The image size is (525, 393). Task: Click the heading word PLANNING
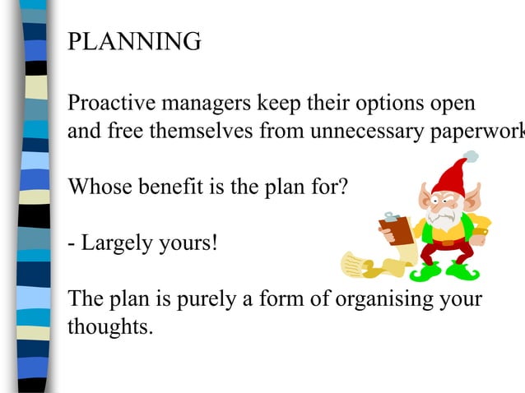click(x=134, y=41)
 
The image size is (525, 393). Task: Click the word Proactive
click(x=114, y=104)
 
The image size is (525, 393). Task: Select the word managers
click(x=211, y=104)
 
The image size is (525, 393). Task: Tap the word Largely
click(x=117, y=244)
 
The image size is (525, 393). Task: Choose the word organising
click(x=388, y=300)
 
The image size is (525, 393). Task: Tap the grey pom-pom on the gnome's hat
click(x=471, y=155)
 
